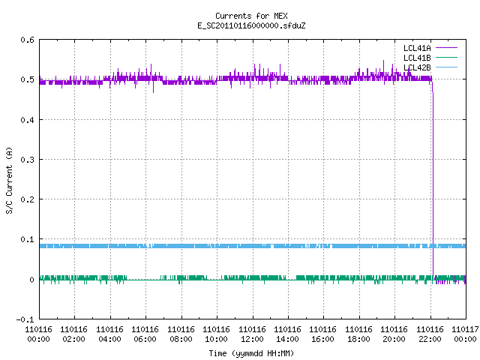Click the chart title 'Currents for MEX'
click(251, 16)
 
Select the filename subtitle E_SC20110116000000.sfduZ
click(251, 25)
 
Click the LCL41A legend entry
click(430, 48)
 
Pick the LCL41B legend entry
click(430, 58)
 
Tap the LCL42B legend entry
click(430, 67)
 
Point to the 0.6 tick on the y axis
click(27, 40)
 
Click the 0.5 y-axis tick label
click(27, 79)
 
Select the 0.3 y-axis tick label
click(27, 160)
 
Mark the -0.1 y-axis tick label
click(25, 319)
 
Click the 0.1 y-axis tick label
click(27, 239)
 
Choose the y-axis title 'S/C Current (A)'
click(10, 181)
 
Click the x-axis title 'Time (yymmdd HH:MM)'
click(251, 353)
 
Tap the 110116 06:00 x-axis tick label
click(145, 334)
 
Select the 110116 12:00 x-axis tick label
click(252, 334)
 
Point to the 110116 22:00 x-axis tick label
click(430, 334)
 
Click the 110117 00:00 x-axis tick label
click(465, 334)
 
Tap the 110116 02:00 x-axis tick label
click(74, 334)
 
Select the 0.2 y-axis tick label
click(27, 199)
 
